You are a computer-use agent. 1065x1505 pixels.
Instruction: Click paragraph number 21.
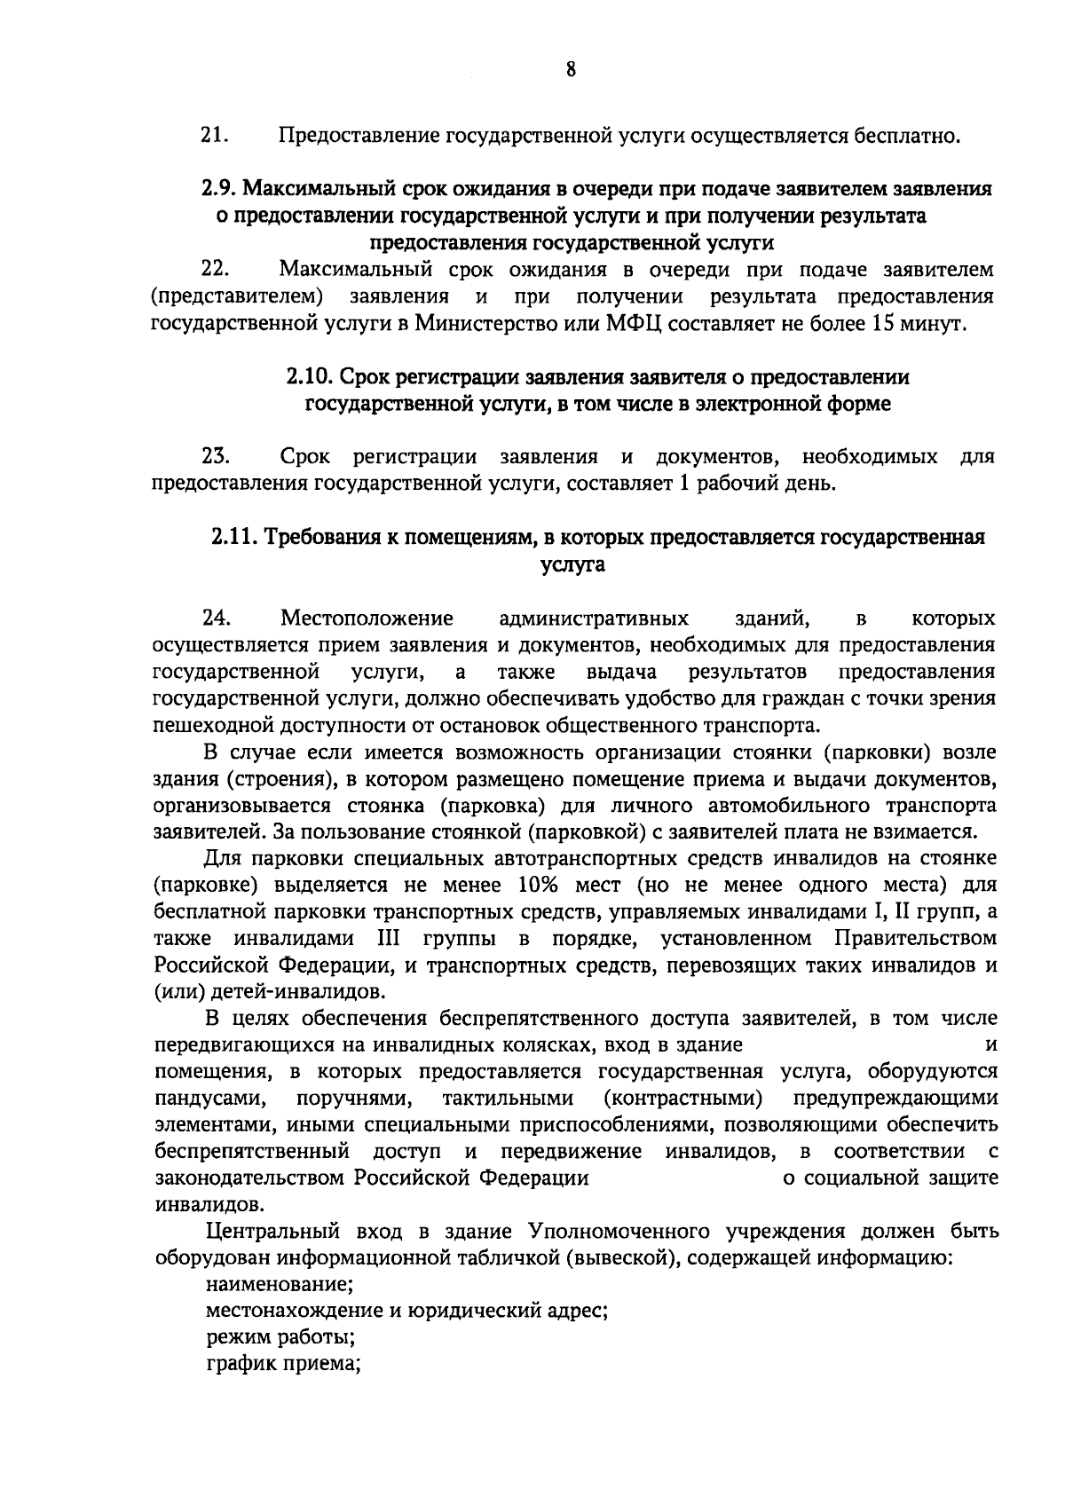click(x=216, y=136)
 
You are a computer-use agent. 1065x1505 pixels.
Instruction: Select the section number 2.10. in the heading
click(x=309, y=377)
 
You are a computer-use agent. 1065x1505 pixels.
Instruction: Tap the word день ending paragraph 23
click(x=808, y=485)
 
